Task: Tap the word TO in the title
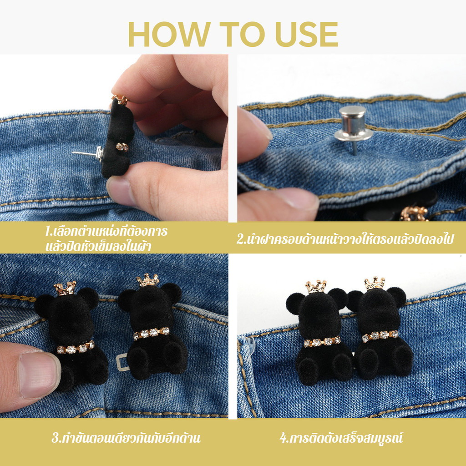[x=242, y=34]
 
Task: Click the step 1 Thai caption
[x=106, y=238]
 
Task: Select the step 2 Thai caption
[x=345, y=239]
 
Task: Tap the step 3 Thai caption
[x=126, y=438]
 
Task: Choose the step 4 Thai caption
[x=341, y=438]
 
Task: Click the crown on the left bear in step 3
[x=65, y=288]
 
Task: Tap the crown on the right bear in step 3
[x=148, y=280]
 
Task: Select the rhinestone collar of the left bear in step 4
[x=322, y=342]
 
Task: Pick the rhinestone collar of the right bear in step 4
[x=380, y=335]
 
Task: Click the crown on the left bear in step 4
[x=316, y=286]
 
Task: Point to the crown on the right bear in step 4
[x=375, y=283]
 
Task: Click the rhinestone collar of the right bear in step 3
[x=151, y=333]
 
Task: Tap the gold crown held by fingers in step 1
[x=120, y=100]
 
